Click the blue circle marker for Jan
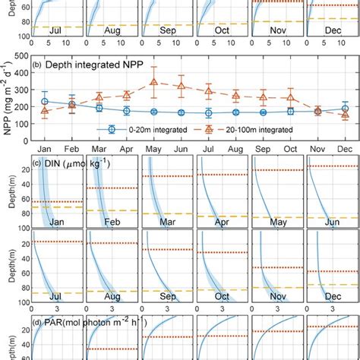(44, 101)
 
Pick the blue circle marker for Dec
(345, 109)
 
